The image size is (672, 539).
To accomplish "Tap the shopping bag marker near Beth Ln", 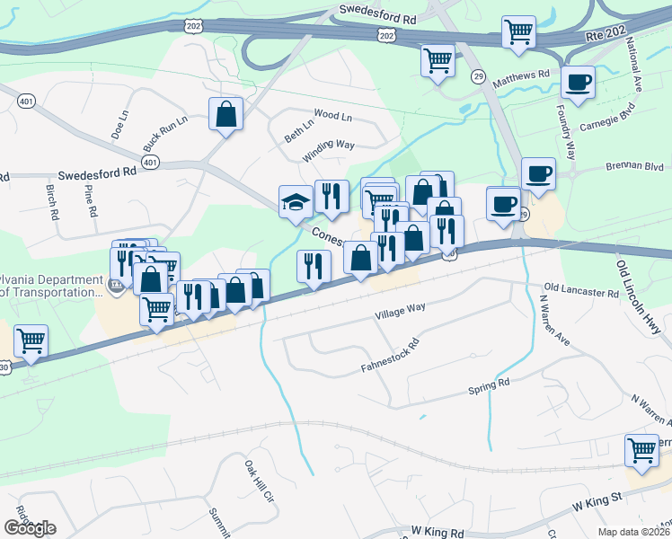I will click(225, 114).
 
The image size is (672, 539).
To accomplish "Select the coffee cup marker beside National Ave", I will click(578, 83).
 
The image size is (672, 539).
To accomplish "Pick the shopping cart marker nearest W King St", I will click(641, 449).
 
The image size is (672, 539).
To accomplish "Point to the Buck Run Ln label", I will click(164, 133).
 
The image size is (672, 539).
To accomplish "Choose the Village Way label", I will click(400, 310).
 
